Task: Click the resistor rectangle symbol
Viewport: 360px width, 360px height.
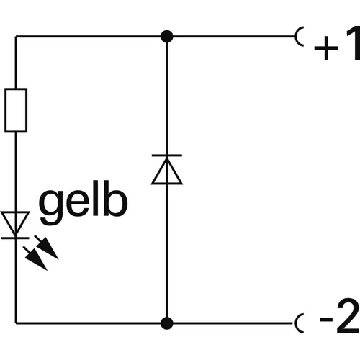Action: point(16,110)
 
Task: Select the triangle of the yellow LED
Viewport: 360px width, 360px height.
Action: point(16,222)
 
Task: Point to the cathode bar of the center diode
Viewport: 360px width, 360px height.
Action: point(166,155)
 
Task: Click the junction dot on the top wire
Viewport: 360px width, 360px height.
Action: point(166,35)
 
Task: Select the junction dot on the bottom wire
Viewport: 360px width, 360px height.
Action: point(166,322)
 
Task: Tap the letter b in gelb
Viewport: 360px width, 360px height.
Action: point(116,201)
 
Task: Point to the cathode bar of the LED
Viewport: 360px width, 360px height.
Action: point(16,236)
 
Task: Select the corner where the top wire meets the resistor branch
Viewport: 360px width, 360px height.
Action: point(16,35)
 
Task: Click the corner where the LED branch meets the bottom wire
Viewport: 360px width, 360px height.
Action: point(16,322)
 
